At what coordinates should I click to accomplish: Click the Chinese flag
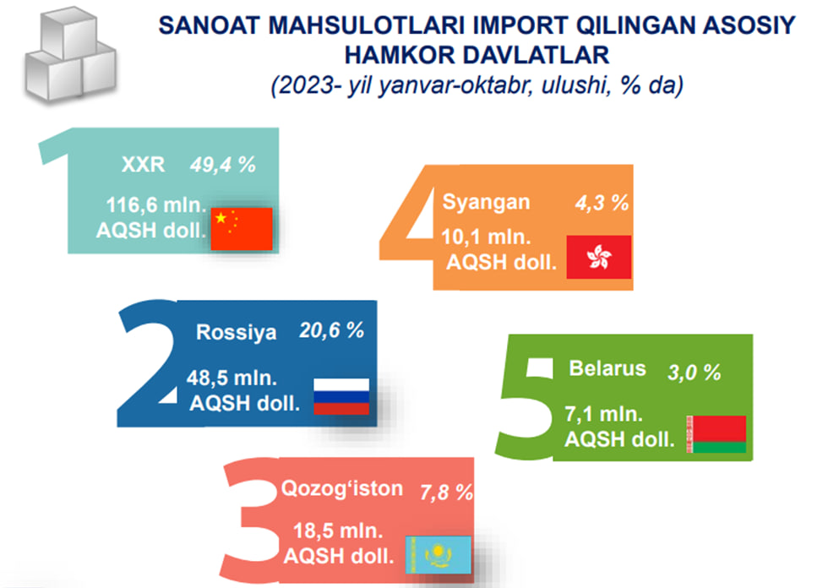(x=242, y=229)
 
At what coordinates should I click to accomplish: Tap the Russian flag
(x=341, y=396)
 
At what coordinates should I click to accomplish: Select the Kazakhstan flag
(x=439, y=555)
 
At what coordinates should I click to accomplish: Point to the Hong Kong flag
(x=599, y=257)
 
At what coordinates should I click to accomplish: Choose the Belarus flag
(x=716, y=434)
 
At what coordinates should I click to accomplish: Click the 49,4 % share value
(x=222, y=166)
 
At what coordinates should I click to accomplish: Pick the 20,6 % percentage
(x=332, y=330)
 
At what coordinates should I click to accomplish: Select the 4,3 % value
(x=602, y=204)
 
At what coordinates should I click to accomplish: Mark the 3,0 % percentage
(x=694, y=373)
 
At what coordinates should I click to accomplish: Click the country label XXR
(x=143, y=165)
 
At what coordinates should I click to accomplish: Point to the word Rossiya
(x=236, y=332)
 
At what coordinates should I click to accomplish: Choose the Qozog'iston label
(x=342, y=488)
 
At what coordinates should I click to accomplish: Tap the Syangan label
(x=486, y=203)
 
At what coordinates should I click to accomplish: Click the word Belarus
(x=607, y=368)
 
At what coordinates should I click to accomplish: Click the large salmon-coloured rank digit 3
(x=252, y=521)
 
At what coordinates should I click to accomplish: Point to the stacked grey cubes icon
(x=70, y=55)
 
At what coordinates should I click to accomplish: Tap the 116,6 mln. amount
(x=155, y=205)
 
